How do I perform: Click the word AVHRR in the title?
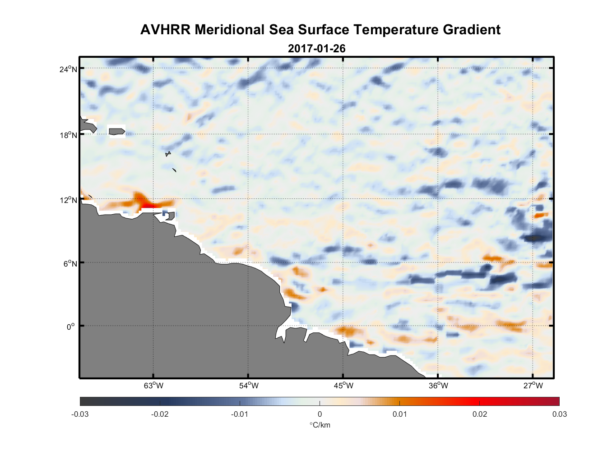(165, 30)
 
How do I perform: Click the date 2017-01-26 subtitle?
(316, 48)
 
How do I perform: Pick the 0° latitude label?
(71, 327)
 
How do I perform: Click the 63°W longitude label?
(153, 386)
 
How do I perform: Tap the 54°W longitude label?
(249, 386)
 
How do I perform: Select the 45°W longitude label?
(343, 386)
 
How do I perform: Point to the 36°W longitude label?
(438, 386)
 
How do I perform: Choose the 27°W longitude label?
(533, 386)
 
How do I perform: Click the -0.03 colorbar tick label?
(80, 414)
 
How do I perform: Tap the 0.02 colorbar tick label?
(479, 414)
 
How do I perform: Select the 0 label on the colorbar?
(320, 414)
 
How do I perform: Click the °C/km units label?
(320, 425)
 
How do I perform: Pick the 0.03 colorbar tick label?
(559, 414)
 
